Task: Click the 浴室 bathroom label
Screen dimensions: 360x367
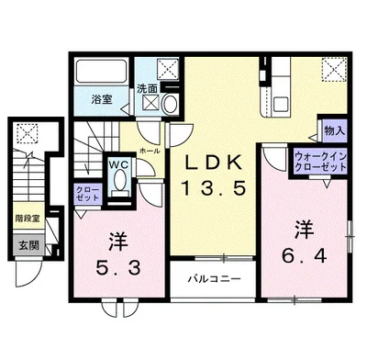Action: tap(101, 99)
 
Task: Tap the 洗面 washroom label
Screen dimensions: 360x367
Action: tap(147, 89)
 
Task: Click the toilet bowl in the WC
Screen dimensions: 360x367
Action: tap(119, 182)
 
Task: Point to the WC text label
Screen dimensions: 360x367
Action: tap(119, 165)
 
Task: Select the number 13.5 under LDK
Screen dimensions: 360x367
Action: tap(217, 191)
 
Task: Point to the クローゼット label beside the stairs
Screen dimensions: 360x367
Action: tap(88, 195)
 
